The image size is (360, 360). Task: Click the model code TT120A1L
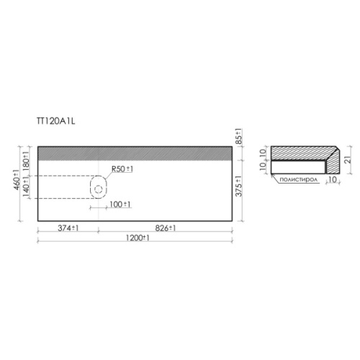click(56, 121)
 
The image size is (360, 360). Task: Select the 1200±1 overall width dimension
click(138, 238)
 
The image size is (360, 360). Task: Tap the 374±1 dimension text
click(68, 228)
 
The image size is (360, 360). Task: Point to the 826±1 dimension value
click(166, 228)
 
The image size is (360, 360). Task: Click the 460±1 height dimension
click(17, 180)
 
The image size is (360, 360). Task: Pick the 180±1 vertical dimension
click(26, 160)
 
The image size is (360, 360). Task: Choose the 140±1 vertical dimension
click(26, 186)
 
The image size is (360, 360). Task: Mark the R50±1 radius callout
click(122, 169)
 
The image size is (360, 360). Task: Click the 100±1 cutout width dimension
click(120, 204)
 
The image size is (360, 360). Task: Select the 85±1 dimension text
click(239, 137)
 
